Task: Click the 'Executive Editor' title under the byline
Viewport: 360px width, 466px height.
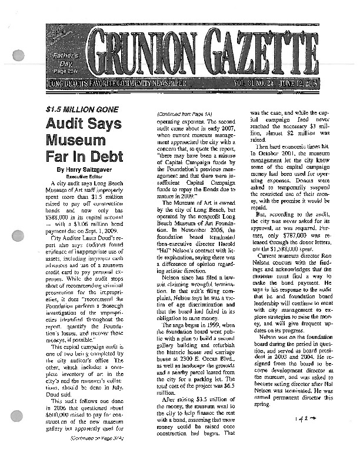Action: pos(81,176)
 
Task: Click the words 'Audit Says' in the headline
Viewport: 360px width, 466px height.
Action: pos(84,124)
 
